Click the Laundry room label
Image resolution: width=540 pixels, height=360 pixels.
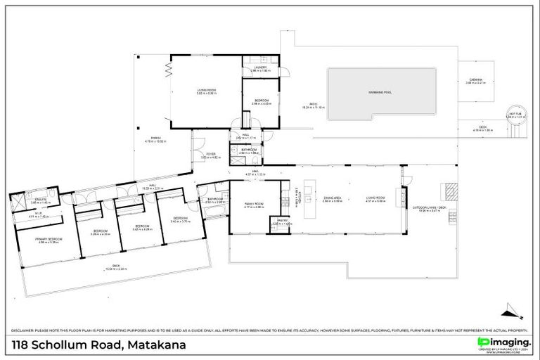[261, 69]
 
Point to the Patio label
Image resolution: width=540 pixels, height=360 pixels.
[306, 106]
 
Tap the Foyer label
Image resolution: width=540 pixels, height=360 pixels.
[210, 155]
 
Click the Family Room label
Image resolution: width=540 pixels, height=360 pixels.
[253, 205]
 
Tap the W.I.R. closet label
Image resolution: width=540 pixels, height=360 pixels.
[39, 216]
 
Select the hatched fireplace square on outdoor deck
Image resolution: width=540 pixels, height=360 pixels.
[448, 188]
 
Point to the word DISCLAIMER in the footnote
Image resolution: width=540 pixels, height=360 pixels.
[25, 330]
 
